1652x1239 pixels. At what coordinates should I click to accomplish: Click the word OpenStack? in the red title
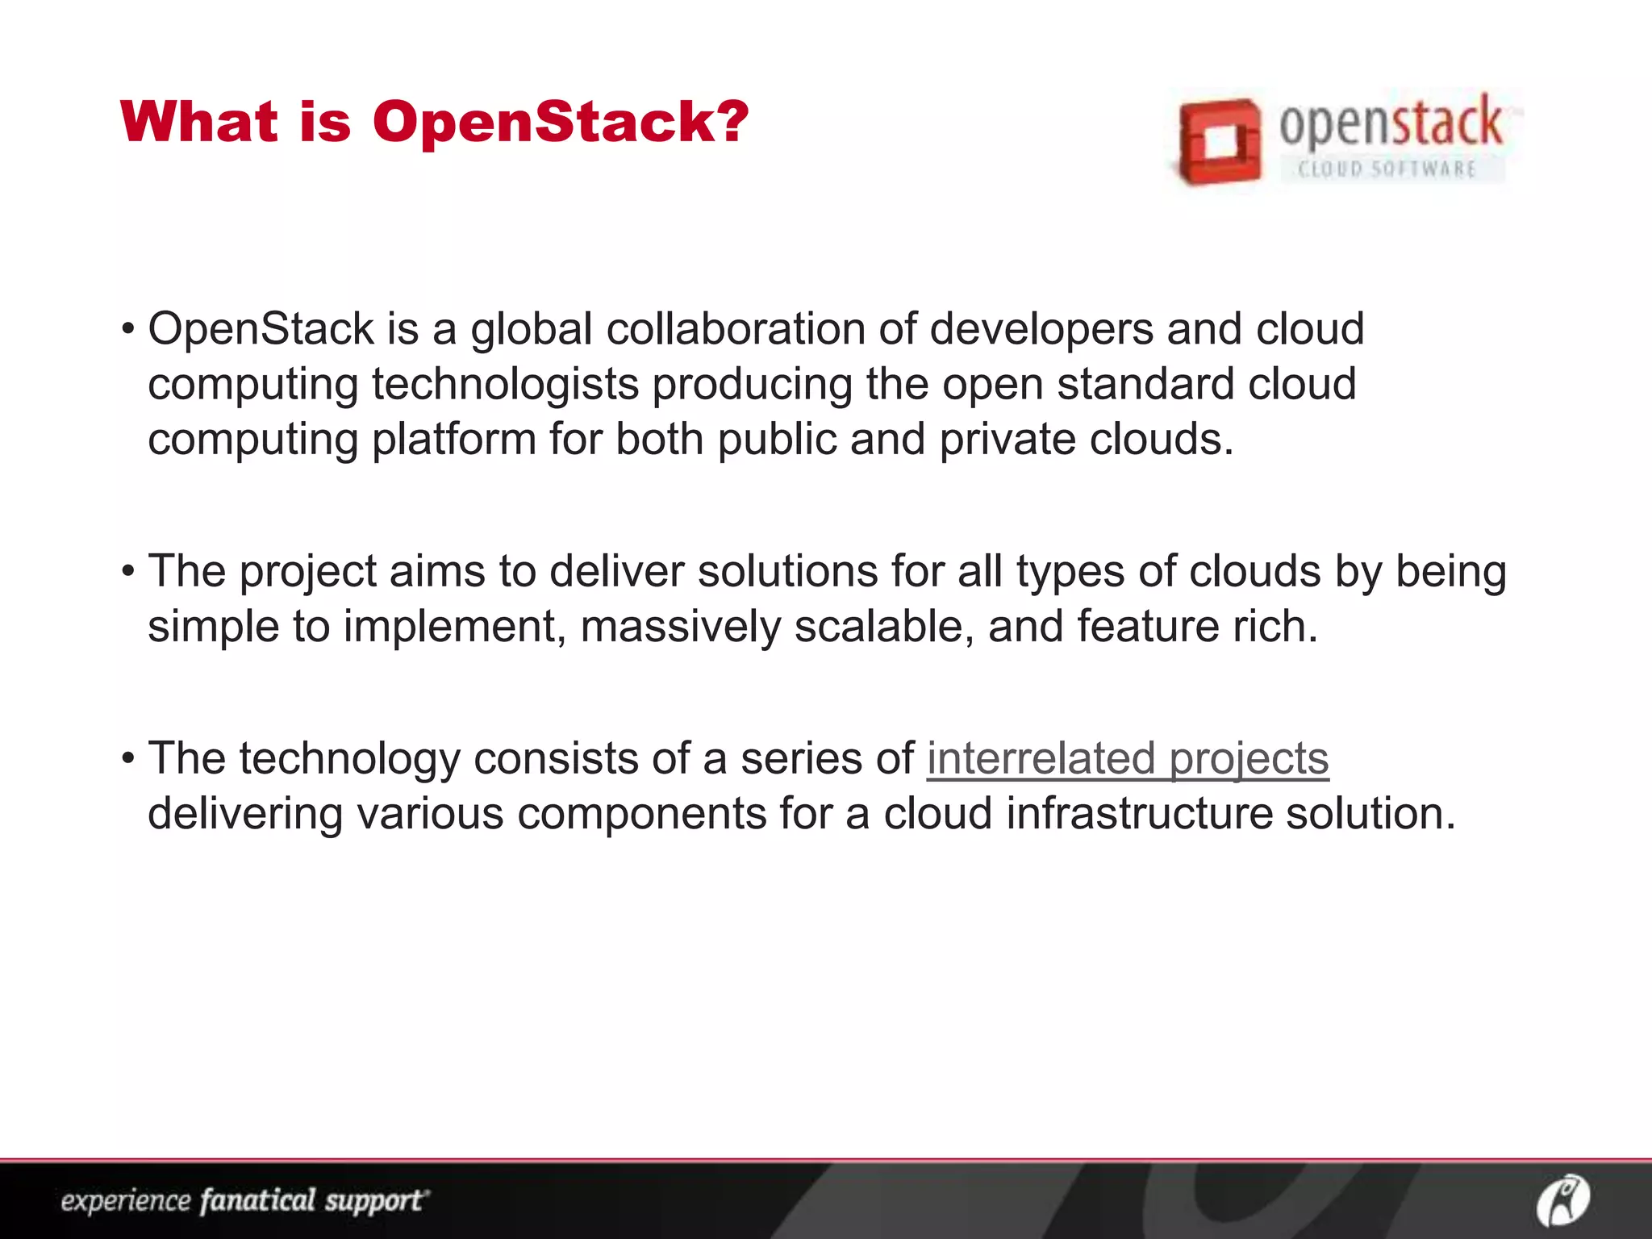point(561,123)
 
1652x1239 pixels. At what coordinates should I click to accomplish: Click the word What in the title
point(199,123)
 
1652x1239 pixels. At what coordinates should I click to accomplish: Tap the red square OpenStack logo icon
point(1218,142)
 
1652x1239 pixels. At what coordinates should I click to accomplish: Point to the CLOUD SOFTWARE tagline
point(1387,169)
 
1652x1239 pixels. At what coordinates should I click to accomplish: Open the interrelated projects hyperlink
point(1127,759)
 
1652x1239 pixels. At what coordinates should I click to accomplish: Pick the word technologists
point(505,384)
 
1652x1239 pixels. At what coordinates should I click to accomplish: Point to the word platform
point(454,439)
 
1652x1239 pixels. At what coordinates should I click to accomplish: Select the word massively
point(680,627)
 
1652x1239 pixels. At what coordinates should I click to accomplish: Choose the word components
point(642,813)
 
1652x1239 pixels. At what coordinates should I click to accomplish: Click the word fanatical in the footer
point(257,1200)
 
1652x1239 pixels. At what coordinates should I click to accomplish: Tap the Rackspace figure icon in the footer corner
point(1562,1199)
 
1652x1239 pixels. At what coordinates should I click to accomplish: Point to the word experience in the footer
point(125,1201)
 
